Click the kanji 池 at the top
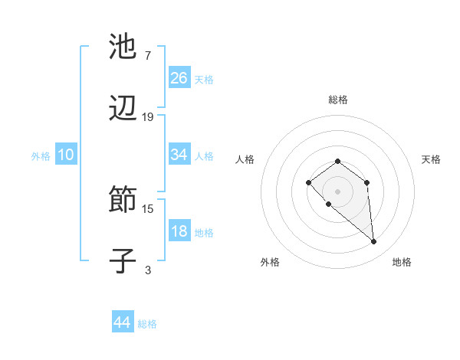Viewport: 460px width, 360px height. (123, 47)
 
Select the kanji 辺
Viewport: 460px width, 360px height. (123, 110)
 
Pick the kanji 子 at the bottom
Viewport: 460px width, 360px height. (123, 260)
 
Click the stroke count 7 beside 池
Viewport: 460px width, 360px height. (147, 55)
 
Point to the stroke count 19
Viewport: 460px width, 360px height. (148, 117)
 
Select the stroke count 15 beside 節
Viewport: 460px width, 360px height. (148, 208)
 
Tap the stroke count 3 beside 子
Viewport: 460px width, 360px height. (148, 269)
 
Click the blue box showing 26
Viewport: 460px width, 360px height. (179, 78)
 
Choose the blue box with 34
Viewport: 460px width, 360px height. (179, 155)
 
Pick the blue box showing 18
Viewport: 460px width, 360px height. (179, 232)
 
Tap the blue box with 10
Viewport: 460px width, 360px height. (66, 155)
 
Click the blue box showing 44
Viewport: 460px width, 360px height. (123, 322)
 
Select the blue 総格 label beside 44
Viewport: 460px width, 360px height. (147, 324)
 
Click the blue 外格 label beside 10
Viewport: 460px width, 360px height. (41, 156)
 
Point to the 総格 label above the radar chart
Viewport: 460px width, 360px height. (337, 100)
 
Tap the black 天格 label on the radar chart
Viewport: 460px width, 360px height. (431, 159)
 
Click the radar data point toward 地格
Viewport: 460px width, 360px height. (374, 242)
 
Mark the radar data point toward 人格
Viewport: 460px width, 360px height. (308, 182)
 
